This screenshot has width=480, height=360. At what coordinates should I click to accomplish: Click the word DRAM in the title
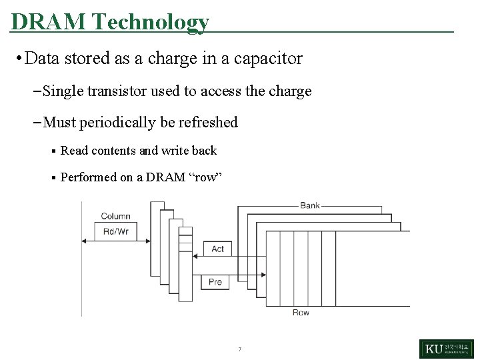(49, 21)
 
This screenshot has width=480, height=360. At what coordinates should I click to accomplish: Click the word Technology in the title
(150, 21)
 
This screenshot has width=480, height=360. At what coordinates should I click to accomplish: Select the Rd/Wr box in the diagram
(115, 232)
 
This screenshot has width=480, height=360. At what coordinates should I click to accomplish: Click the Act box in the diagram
(217, 249)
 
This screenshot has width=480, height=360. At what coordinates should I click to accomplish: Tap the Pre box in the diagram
(215, 282)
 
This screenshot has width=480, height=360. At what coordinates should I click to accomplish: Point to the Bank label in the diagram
(309, 205)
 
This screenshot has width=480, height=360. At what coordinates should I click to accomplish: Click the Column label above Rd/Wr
(115, 216)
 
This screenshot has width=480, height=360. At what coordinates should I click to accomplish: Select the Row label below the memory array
(301, 313)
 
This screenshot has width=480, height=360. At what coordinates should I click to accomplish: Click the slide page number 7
(239, 349)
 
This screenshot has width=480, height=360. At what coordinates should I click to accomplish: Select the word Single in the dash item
(63, 91)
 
